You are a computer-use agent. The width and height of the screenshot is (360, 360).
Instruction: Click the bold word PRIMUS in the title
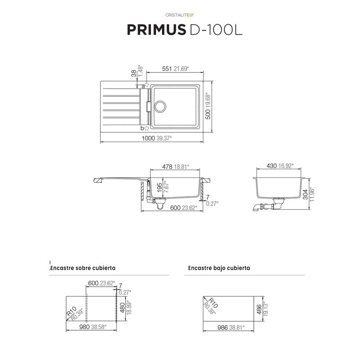[156, 30]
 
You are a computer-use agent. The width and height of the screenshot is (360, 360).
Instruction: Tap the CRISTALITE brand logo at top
[180, 15]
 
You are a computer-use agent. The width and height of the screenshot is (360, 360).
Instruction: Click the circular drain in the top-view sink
[160, 106]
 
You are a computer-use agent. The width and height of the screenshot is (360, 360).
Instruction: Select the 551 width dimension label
[167, 69]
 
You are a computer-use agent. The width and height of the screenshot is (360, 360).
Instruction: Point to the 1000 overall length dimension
[148, 138]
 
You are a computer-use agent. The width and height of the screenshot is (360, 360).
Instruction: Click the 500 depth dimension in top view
[207, 114]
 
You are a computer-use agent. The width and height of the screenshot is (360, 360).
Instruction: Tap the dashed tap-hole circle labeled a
[147, 85]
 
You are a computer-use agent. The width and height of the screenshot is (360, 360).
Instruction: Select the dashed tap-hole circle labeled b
[147, 129]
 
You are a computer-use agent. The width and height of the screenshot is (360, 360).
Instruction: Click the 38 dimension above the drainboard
[134, 73]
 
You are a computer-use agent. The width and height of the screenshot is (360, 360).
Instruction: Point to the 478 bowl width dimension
[167, 166]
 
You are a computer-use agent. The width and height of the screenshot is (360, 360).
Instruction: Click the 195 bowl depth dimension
[160, 188]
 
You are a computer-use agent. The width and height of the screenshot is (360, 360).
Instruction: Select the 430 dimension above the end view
[272, 166]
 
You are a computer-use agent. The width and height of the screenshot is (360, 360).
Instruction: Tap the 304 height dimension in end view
[306, 195]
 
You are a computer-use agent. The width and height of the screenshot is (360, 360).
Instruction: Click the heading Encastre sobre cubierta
[83, 268]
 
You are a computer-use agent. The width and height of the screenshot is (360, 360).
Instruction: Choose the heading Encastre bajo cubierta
[219, 268]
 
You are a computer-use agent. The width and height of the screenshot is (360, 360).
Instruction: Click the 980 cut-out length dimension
[84, 327]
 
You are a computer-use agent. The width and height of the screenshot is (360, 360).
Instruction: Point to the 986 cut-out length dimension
[222, 328]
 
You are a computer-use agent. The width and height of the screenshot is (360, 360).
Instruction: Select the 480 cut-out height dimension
[122, 308]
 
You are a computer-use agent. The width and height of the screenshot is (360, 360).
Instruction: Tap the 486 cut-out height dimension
[259, 309]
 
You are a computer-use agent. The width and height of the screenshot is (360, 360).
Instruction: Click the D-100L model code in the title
[216, 30]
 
